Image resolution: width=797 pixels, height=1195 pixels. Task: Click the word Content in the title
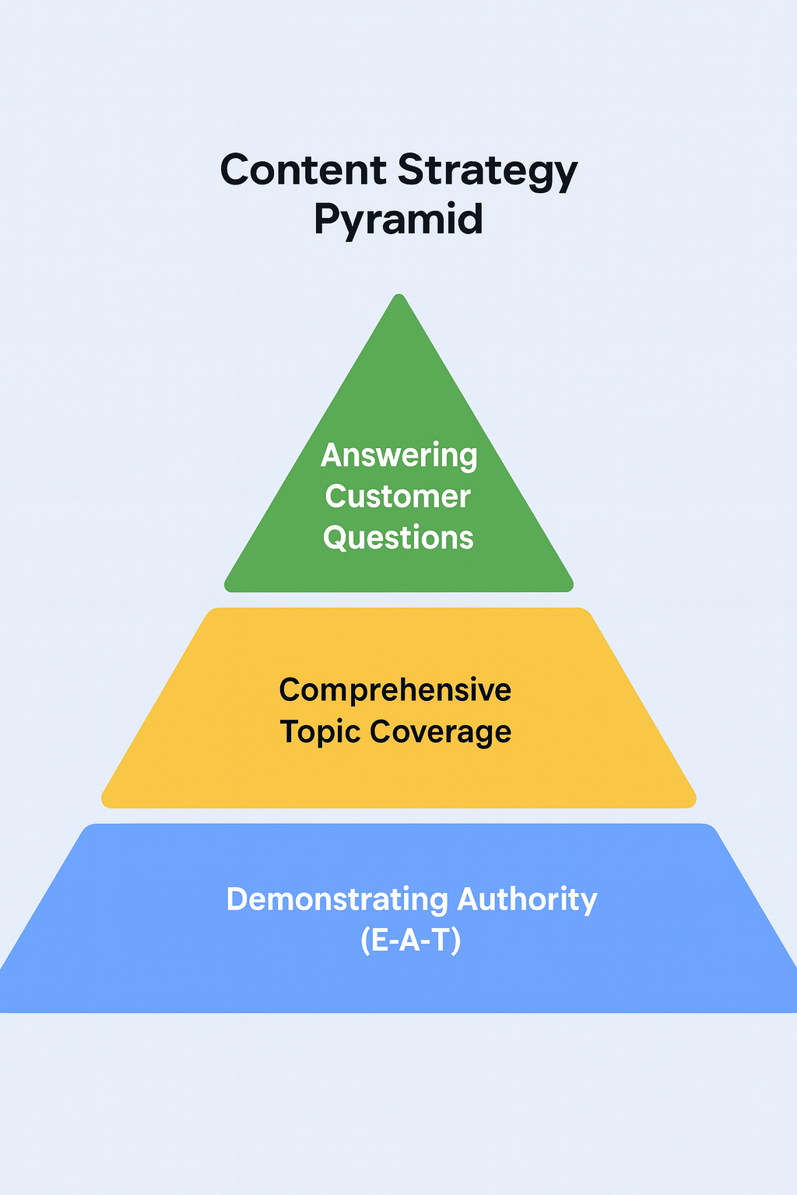coord(303,170)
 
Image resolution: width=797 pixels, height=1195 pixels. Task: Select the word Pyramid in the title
coord(398,219)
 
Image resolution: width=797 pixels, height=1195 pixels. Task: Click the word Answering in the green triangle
coord(399,456)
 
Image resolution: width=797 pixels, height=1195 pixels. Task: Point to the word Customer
coord(398,496)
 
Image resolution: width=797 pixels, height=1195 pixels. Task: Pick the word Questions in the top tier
coord(398,538)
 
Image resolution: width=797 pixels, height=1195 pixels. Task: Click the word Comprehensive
coord(395,690)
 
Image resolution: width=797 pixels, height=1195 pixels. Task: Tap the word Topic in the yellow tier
coord(320,732)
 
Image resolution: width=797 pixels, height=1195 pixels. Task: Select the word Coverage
coord(441,731)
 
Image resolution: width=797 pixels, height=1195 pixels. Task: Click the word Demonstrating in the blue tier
coord(337,899)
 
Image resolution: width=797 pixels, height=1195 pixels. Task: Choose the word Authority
coord(527,899)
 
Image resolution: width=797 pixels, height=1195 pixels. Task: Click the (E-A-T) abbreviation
coord(411,941)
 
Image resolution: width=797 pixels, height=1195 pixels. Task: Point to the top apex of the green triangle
coord(399,296)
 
